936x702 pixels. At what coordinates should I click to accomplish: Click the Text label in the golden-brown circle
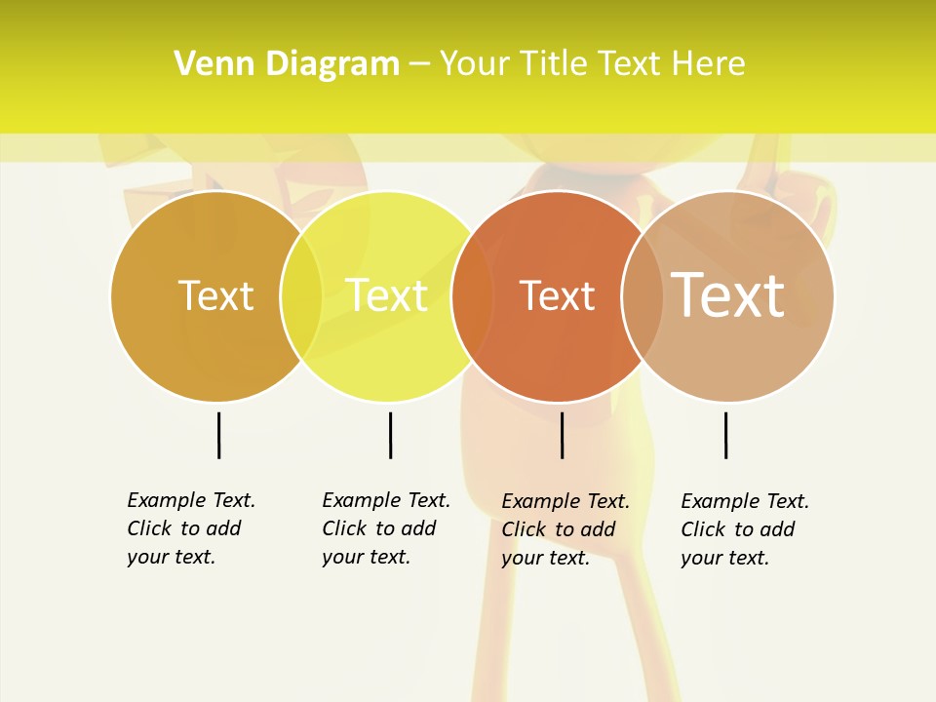(x=215, y=295)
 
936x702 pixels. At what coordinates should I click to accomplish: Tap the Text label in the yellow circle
(x=386, y=295)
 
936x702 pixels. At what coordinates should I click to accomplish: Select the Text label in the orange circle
(x=557, y=295)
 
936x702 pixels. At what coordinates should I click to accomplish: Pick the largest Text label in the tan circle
(x=728, y=295)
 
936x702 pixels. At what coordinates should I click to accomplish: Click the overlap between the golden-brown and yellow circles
(x=301, y=296)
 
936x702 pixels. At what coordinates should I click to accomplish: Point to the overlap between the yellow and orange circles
(x=472, y=296)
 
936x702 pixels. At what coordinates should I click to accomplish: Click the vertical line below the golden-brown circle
(x=218, y=435)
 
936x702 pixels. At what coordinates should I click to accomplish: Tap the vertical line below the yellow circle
(x=390, y=435)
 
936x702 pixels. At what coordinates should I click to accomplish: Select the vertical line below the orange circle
(x=562, y=435)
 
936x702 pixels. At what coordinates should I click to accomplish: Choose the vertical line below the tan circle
(x=725, y=435)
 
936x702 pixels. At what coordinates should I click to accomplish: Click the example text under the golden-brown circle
(x=191, y=528)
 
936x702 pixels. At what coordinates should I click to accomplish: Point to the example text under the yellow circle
(x=386, y=528)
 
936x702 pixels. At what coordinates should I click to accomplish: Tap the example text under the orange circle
(x=565, y=529)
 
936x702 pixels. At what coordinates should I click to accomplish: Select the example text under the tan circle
(x=745, y=529)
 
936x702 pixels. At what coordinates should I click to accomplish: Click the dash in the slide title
(x=419, y=64)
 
